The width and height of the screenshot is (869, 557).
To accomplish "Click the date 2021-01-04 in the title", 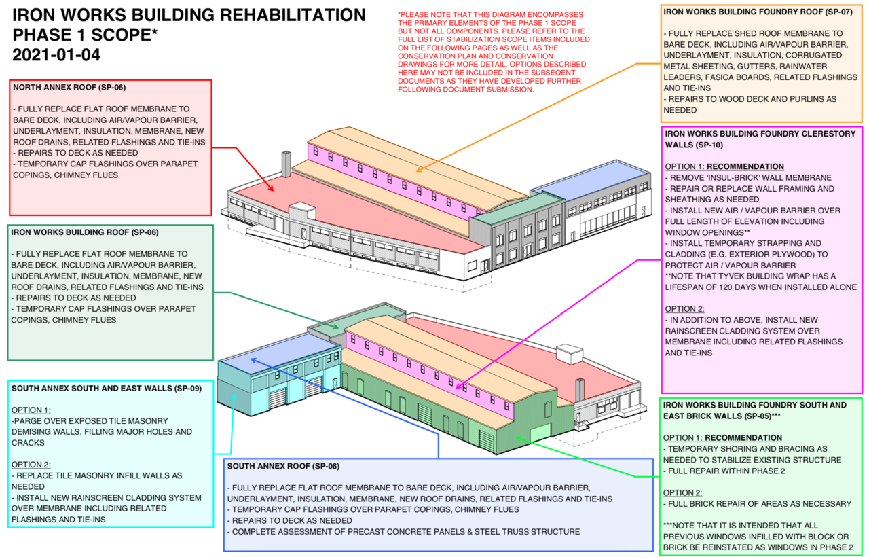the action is tap(56, 55).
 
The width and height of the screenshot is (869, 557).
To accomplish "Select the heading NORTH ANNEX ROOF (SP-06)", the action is tap(69, 88).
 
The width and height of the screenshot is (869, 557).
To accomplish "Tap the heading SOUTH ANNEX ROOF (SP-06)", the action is tap(283, 466).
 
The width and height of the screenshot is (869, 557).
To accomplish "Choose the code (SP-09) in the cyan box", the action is tap(188, 388).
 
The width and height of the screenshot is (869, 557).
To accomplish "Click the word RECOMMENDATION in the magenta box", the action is tap(745, 166).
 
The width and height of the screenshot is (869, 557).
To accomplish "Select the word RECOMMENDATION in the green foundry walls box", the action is tap(743, 438).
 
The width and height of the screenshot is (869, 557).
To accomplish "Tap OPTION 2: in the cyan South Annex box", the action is tap(31, 465).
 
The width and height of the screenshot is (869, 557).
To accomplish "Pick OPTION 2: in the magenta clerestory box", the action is tap(685, 309).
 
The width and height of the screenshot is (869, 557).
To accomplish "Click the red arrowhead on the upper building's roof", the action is tap(271, 188).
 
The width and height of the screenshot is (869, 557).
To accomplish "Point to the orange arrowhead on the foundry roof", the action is tap(420, 169).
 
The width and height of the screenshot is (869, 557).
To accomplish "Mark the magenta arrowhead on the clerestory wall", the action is tap(458, 387).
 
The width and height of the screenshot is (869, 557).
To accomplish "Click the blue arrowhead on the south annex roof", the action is tap(254, 361).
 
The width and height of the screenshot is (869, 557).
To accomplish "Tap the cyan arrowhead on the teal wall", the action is tap(234, 397).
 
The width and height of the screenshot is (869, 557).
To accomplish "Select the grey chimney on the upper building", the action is tap(286, 164).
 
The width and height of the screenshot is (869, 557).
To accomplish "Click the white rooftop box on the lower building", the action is tap(570, 354).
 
